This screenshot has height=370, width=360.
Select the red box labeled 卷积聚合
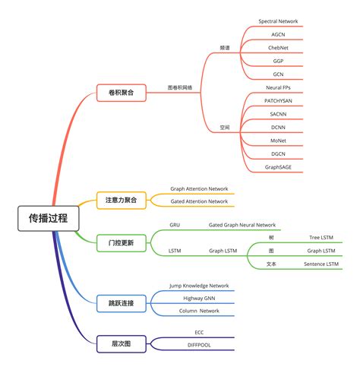tap(115, 93)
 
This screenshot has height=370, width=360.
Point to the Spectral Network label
tap(278, 21)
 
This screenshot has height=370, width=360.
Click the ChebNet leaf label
tap(278, 48)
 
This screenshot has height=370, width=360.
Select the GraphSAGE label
tap(278, 166)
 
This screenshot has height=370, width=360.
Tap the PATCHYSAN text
tap(278, 100)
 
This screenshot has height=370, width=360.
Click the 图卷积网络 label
tap(180, 87)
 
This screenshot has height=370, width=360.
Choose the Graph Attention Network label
tap(199, 188)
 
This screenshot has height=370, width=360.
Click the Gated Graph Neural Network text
tap(242, 225)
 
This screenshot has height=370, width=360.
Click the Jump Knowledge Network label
tap(199, 286)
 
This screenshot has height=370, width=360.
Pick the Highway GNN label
tap(199, 299)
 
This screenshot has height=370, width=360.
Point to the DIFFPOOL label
tap(199, 345)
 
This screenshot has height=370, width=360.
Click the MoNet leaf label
tap(278, 141)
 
